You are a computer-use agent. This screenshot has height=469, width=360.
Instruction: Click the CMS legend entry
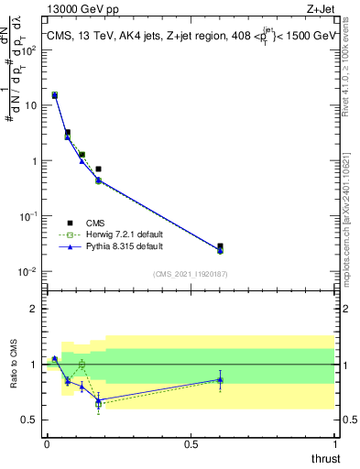point(94,223)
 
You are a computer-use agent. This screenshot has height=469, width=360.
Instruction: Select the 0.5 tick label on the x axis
point(191,442)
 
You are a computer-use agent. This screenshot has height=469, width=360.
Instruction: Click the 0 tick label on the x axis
point(47,442)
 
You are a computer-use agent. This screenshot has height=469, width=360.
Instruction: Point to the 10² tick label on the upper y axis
point(31,49)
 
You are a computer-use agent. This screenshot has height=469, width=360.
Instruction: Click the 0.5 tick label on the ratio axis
point(31,420)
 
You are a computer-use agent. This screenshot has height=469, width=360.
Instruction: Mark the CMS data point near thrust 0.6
point(220,246)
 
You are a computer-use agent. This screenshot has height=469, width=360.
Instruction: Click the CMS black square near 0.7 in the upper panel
point(98,169)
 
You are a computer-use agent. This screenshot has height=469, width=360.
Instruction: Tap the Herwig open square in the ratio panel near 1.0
point(82,364)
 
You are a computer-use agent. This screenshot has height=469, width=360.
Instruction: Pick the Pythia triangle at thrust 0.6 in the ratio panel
point(220,378)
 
